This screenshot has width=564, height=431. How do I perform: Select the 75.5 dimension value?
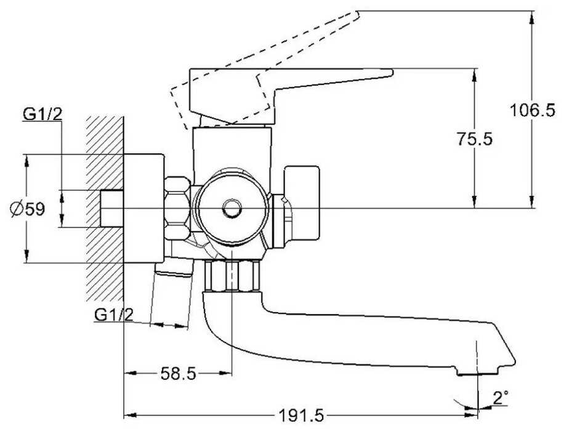[475, 139]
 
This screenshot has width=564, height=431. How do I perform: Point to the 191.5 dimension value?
[300, 416]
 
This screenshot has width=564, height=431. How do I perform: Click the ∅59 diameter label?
[27, 209]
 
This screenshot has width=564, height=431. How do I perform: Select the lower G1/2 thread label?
[114, 315]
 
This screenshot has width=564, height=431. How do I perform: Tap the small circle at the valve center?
[231, 209]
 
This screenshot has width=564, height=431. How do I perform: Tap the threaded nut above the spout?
[231, 275]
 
